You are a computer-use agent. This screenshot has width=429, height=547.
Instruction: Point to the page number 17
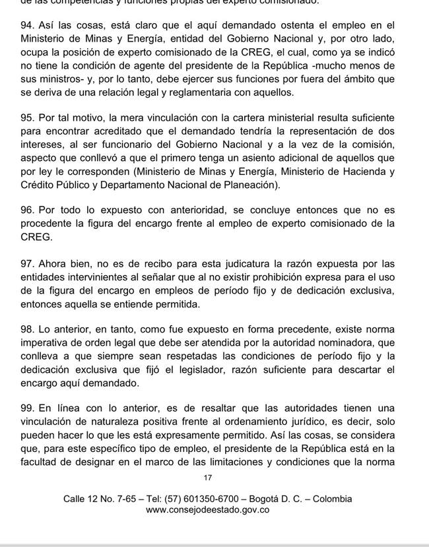pyautogui.click(x=209, y=478)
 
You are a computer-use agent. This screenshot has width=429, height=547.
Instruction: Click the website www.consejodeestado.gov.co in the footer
pyautogui.click(x=208, y=510)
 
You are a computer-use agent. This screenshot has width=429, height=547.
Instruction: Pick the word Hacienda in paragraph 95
pyautogui.click(x=364, y=172)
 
